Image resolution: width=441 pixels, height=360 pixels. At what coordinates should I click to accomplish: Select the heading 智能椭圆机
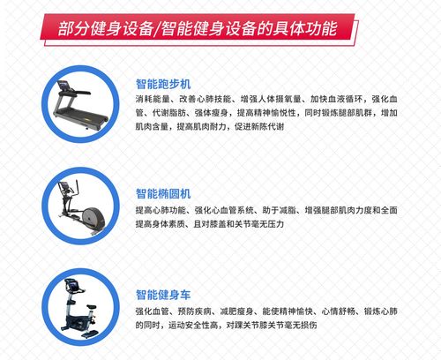pos(164,192)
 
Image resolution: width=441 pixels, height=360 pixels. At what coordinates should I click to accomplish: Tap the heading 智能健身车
pos(164,294)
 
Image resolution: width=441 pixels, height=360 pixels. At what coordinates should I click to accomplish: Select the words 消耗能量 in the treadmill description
pos(151,98)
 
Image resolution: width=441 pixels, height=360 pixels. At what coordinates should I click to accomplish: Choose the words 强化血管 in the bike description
pos(151,311)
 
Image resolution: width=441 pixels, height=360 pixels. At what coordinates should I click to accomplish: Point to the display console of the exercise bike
pos(68,284)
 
